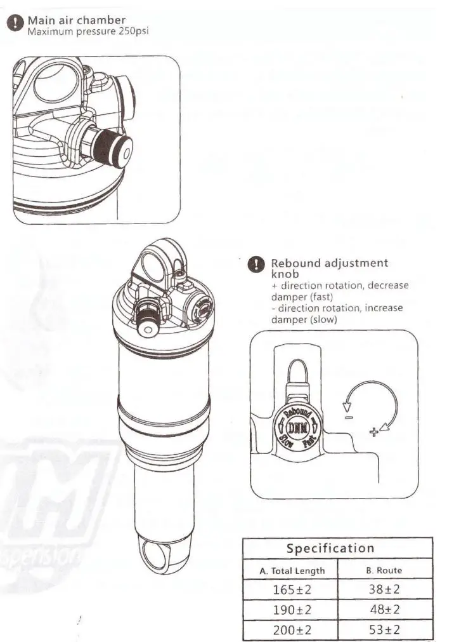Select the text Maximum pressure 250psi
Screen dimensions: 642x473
tap(87, 30)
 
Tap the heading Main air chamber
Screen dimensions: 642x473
tap(76, 20)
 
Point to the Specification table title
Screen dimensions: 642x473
tap(330, 548)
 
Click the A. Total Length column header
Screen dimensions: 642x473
tap(292, 570)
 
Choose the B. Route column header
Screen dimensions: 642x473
tap(384, 570)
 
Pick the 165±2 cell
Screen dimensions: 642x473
tap(292, 589)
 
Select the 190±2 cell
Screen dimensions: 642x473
tap(292, 610)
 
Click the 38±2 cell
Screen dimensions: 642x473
tap(384, 589)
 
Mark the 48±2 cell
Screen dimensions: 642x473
tap(384, 610)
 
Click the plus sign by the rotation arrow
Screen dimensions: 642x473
tap(373, 432)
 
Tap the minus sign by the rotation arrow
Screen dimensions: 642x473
tap(348, 417)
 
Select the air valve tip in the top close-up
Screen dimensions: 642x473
tap(123, 152)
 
